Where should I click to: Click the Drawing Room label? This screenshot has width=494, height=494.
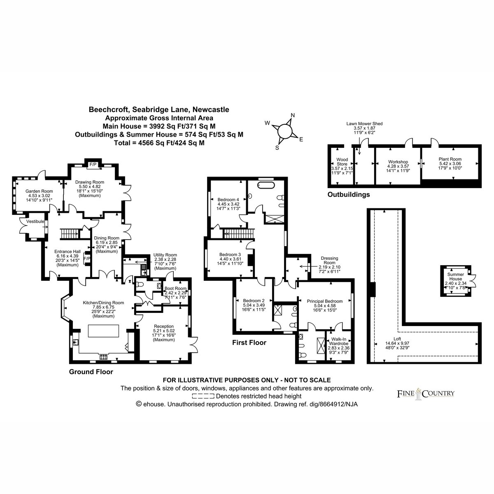[90, 182]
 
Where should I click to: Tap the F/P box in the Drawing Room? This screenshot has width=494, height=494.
[93, 165]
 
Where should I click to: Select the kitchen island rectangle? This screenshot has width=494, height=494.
[104, 331]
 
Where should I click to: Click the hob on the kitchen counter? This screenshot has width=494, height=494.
[104, 357]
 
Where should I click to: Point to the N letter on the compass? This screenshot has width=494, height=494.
[293, 115]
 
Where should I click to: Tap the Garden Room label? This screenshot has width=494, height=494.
[39, 191]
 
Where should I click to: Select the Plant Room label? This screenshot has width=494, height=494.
[450, 159]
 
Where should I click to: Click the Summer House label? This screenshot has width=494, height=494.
[456, 276]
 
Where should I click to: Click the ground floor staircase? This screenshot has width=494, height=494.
[69, 234]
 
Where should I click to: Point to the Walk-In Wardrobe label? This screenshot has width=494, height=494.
[339, 341]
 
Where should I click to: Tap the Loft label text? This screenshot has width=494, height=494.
[397, 339]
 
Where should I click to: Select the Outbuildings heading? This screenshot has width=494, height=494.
[349, 194]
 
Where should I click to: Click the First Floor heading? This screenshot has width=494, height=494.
[249, 343]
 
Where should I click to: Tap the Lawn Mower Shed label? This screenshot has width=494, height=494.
[364, 123]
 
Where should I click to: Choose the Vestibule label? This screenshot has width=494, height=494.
[35, 221]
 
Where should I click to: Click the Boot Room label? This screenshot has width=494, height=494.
[175, 289]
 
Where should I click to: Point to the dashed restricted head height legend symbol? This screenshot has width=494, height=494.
[203, 396]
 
